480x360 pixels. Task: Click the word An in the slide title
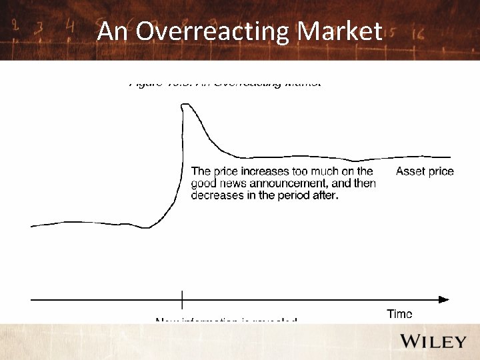(x=111, y=31)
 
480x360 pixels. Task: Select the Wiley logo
(x=433, y=341)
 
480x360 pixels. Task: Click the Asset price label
(x=425, y=171)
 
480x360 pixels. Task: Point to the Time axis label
(x=399, y=314)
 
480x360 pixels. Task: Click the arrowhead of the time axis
(x=444, y=300)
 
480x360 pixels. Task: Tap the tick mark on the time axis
(x=182, y=300)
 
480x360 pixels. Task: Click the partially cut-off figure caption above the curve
(x=225, y=85)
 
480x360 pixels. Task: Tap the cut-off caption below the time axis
(x=226, y=321)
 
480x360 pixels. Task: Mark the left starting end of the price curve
(x=32, y=227)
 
